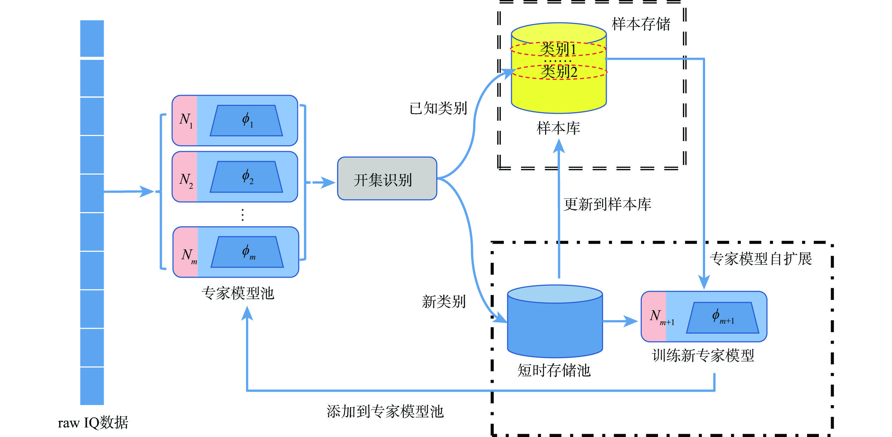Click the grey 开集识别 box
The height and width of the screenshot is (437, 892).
[387, 178]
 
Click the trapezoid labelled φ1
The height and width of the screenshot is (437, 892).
[246, 121]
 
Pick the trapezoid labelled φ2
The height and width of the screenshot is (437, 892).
[246, 177]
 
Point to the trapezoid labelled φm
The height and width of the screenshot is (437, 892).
[247, 252]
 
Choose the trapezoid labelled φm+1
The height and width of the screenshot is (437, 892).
[722, 318]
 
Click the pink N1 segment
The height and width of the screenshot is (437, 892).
[185, 120]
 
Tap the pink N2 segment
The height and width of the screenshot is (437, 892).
[185, 177]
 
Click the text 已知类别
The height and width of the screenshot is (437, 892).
[438, 108]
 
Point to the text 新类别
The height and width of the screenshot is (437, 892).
[444, 302]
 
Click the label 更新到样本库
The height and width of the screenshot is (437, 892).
[607, 204]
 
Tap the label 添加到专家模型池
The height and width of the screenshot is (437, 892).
[385, 412]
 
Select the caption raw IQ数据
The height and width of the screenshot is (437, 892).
[93, 423]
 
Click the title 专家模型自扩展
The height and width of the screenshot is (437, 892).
[761, 259]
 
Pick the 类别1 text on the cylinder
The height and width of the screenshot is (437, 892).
[558, 49]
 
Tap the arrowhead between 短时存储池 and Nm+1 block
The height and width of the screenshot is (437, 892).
[630, 321]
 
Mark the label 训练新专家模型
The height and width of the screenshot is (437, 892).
[703, 356]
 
